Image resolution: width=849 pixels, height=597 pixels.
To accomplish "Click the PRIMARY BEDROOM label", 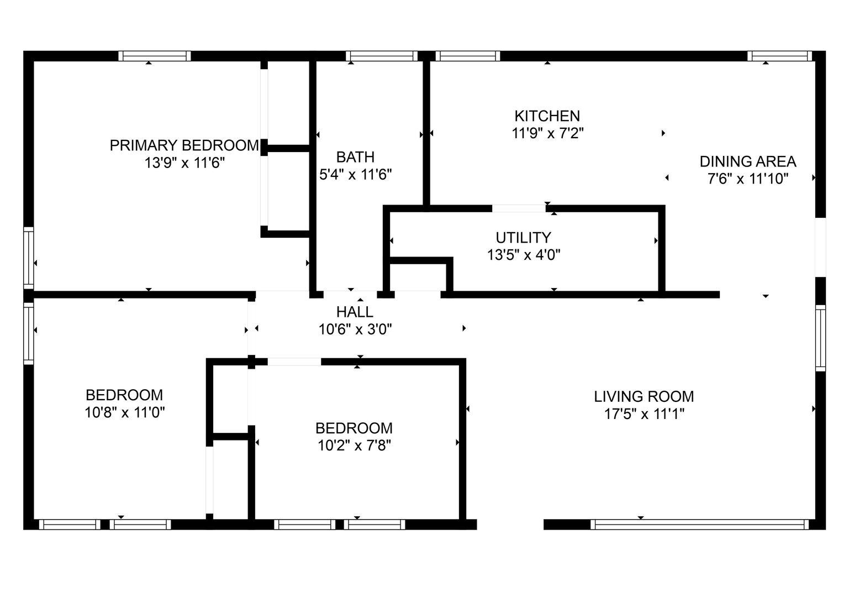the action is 184,145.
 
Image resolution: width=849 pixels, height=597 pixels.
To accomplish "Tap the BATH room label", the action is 355,157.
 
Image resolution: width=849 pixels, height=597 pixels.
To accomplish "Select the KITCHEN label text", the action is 547,116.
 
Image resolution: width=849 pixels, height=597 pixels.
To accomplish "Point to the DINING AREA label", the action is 747,161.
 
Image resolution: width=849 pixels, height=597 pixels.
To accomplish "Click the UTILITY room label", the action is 523,238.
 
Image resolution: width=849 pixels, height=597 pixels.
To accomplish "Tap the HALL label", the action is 355,312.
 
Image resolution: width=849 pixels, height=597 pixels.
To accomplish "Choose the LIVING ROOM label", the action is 644,397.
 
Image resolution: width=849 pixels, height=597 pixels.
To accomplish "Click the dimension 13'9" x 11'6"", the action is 184,163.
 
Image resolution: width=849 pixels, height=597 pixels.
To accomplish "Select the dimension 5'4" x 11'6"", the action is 355,175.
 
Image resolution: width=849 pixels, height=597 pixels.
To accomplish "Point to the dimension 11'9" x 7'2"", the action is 547,134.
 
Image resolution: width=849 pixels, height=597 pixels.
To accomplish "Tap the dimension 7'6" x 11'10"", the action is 748,179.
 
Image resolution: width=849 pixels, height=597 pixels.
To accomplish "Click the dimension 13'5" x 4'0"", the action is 524,255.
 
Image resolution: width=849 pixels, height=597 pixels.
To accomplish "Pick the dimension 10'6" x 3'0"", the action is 355,329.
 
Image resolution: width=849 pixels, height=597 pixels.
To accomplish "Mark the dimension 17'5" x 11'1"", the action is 644,414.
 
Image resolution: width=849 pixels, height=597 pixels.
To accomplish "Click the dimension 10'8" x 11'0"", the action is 124,412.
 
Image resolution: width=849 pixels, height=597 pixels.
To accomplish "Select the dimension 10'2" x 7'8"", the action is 354,446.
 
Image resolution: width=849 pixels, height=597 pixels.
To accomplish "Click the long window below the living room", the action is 699,525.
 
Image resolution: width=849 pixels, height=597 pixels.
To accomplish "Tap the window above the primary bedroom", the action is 154,56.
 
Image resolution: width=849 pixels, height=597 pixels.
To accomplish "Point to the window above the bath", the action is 381,56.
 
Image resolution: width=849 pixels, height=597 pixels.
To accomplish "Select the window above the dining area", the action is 779,56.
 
